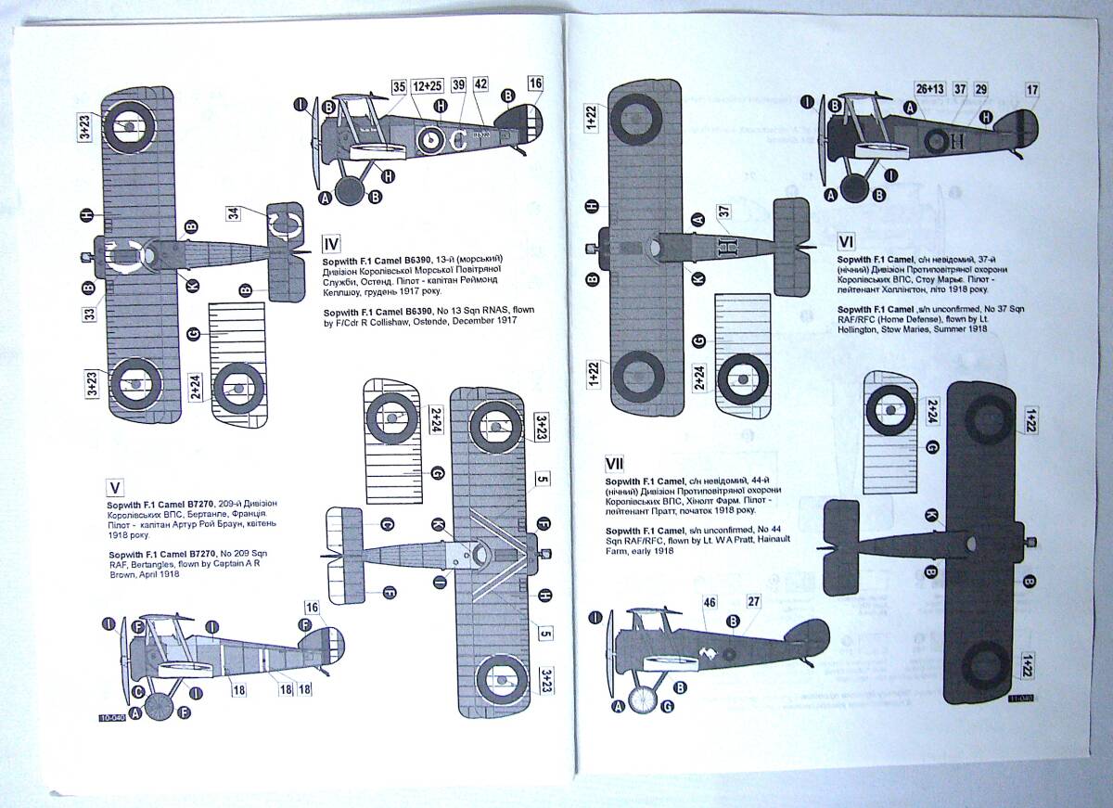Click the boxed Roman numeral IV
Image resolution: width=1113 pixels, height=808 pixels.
tap(332, 245)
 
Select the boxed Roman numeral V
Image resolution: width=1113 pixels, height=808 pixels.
tap(116, 488)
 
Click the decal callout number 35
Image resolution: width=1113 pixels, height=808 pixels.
tap(400, 86)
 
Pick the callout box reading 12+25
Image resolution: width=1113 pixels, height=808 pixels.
tap(429, 86)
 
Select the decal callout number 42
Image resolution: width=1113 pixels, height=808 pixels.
tap(480, 84)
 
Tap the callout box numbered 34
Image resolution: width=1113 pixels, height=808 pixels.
tap(234, 213)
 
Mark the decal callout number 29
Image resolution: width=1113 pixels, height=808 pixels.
tap(981, 89)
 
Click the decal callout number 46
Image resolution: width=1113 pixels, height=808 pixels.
tap(710, 603)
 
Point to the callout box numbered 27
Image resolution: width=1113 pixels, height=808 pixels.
tap(754, 602)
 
